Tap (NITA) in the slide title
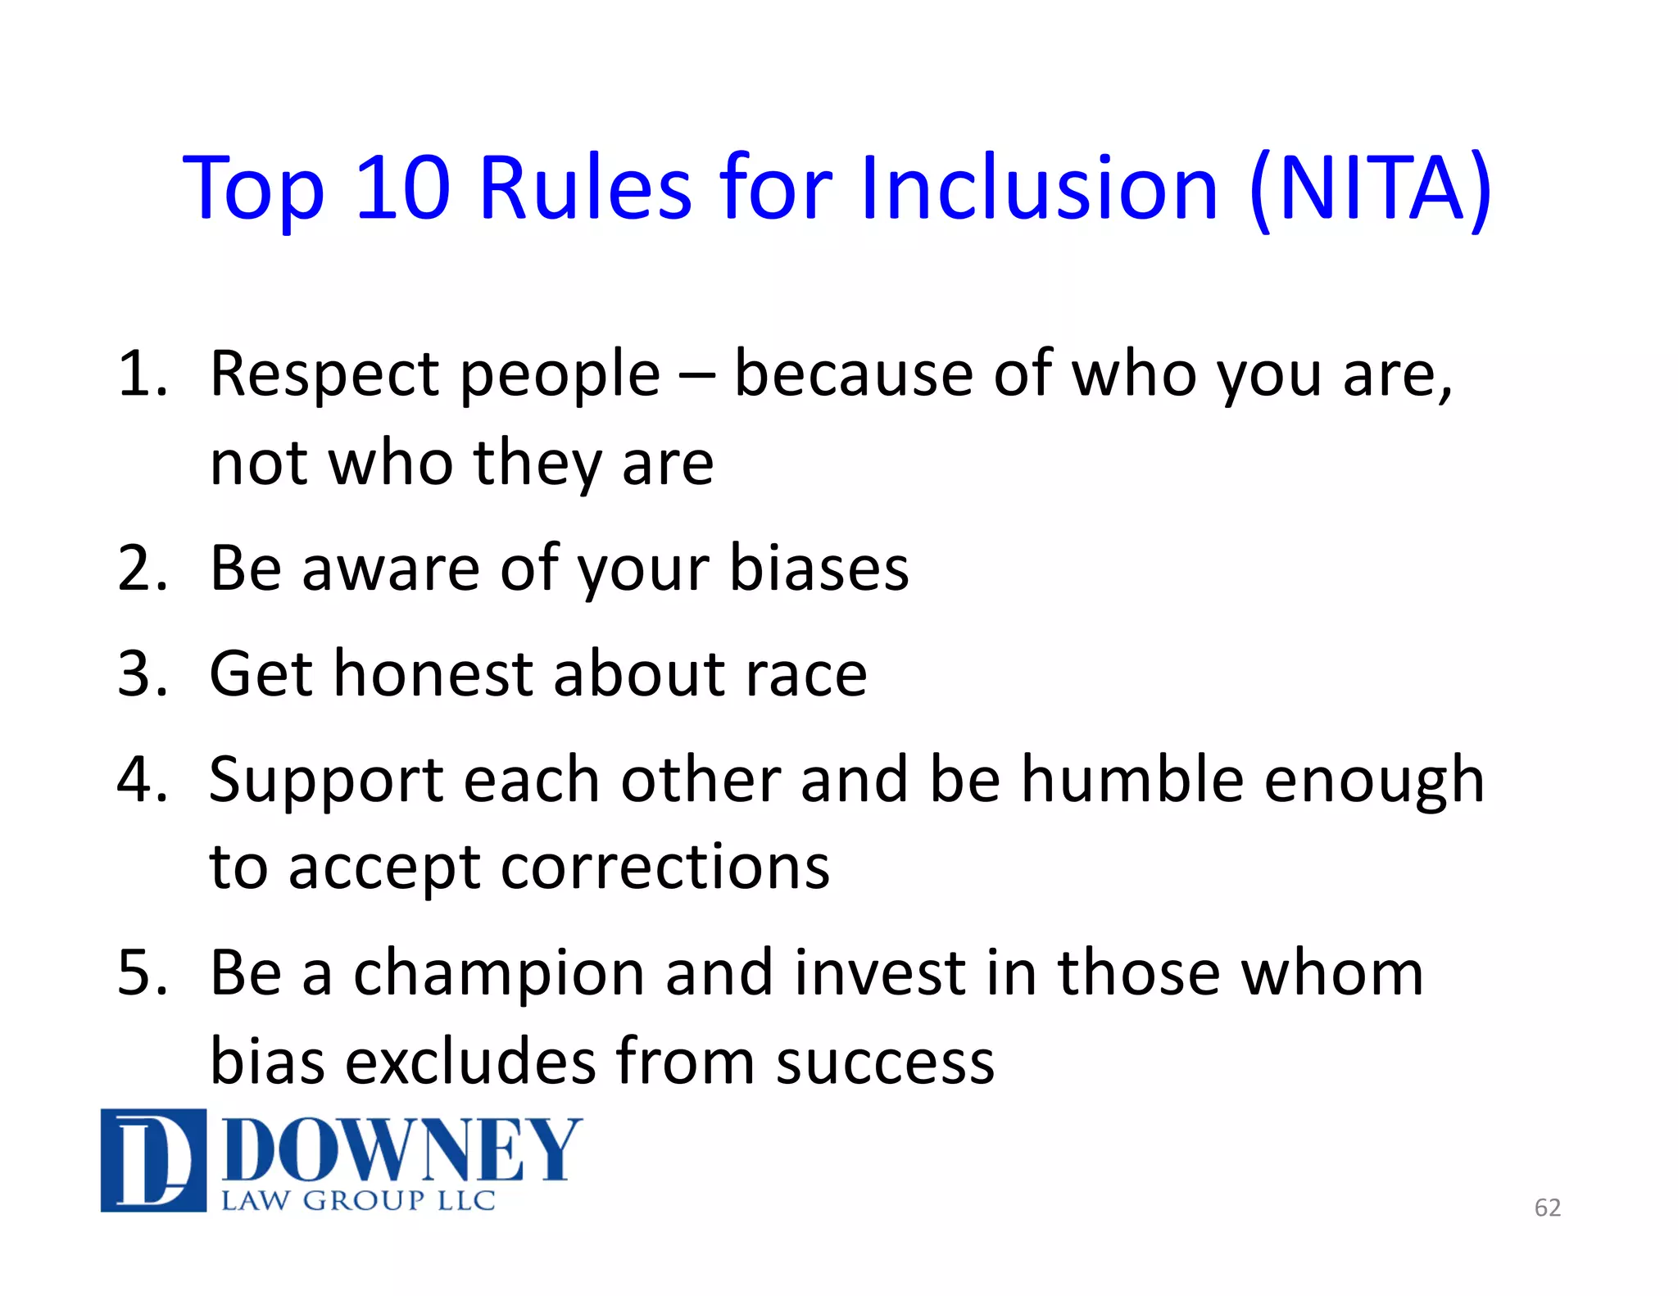click(1370, 190)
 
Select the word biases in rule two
click(819, 568)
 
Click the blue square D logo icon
click(153, 1159)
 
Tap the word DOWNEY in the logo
click(401, 1151)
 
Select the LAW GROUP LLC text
click(358, 1201)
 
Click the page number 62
click(1547, 1208)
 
